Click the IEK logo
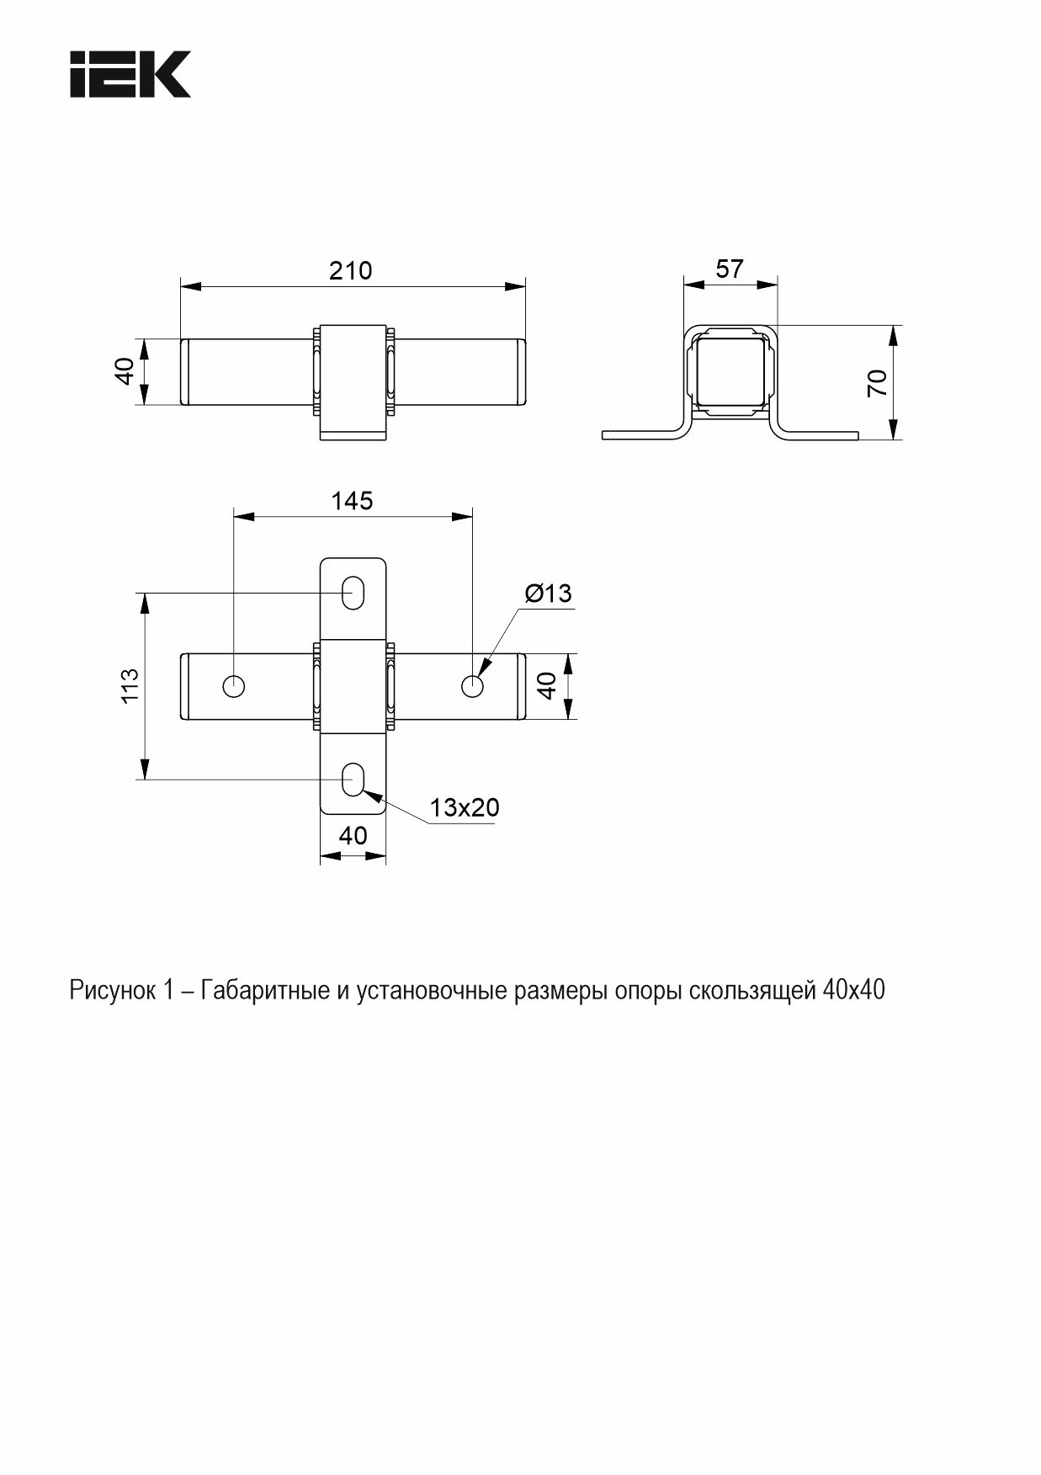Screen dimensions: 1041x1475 pos(130,74)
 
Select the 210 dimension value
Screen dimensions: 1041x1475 pos(350,270)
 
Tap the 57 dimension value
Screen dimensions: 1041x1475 pos(730,269)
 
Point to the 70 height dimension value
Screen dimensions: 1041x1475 pos(877,383)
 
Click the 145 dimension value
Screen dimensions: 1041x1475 pos(352,501)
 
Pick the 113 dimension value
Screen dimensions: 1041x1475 pos(130,686)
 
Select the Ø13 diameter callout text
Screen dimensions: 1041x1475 pos(548,594)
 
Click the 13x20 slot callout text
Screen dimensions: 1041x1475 pos(465,807)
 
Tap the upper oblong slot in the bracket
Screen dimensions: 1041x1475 pos(353,592)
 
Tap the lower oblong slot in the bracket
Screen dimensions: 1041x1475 pos(353,780)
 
